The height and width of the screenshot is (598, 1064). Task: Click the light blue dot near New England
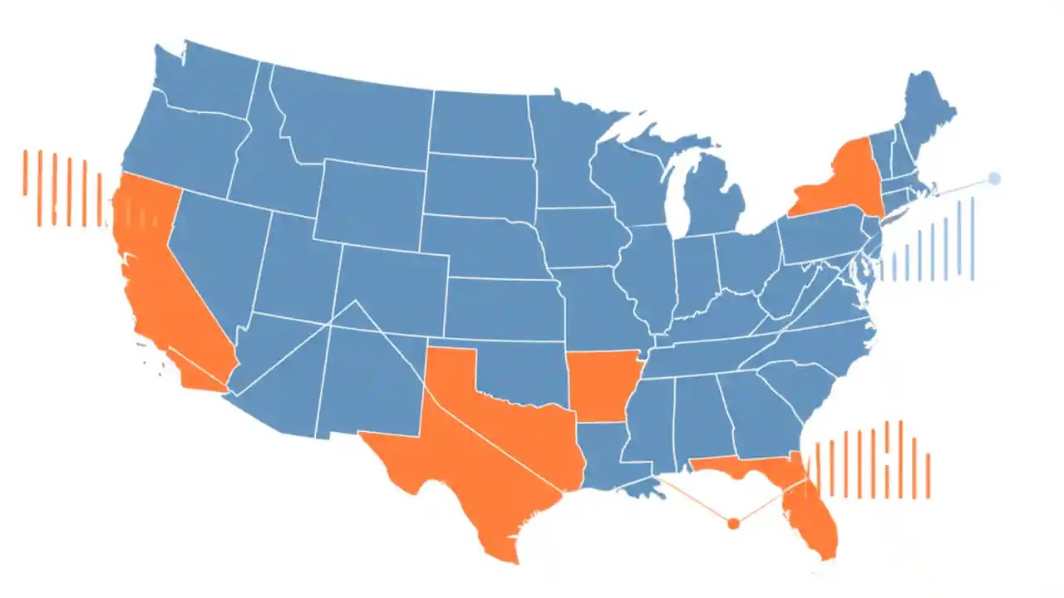(x=994, y=179)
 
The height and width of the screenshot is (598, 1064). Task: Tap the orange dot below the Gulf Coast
(x=733, y=523)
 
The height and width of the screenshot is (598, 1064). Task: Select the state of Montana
(x=349, y=116)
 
